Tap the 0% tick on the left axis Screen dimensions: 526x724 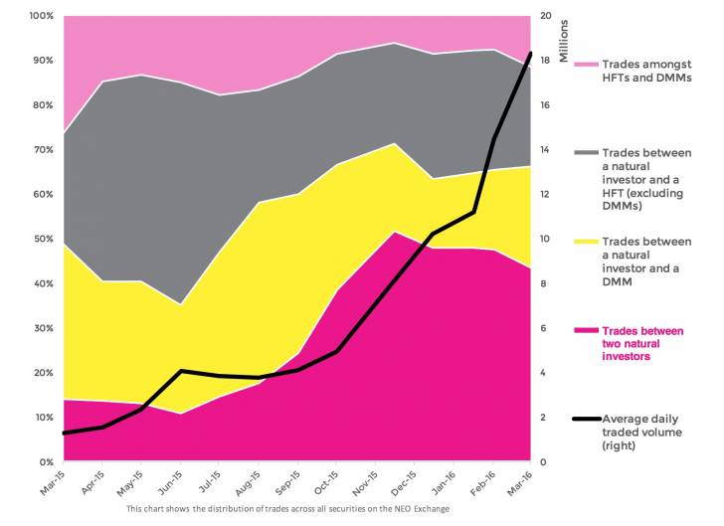pyautogui.click(x=45, y=461)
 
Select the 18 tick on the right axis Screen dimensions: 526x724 pyautogui.click(x=546, y=60)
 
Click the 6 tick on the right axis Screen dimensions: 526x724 pyautogui.click(x=543, y=327)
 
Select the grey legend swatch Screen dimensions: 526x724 pyautogui.click(x=586, y=152)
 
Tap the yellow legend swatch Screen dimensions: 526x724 pyautogui.click(x=586, y=242)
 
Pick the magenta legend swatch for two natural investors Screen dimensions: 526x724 pyautogui.click(x=586, y=330)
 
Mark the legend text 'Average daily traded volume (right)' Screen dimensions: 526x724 pyautogui.click(x=646, y=432)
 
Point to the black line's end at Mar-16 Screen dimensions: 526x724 pyautogui.click(x=531, y=53)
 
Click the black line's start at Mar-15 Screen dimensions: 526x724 pyautogui.click(x=63, y=434)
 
